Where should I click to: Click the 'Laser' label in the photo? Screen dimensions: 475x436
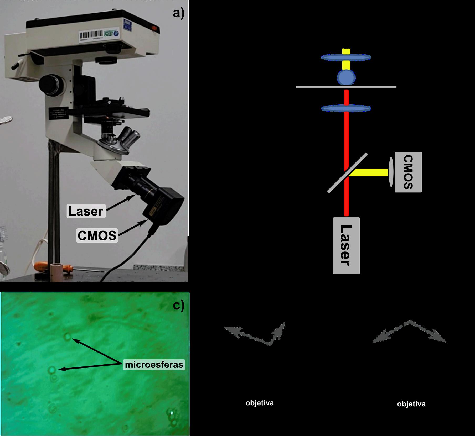(x=86, y=211)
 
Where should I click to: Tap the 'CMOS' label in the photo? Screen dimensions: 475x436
(x=97, y=235)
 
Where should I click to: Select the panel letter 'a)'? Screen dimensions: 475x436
(x=179, y=13)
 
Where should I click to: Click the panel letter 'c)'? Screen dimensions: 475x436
(x=179, y=306)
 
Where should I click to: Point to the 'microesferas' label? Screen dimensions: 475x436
(x=154, y=365)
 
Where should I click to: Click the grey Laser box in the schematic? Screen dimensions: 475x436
(x=346, y=245)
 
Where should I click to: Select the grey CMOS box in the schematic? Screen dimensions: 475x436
(x=408, y=172)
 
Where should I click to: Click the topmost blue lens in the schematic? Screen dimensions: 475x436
(x=346, y=57)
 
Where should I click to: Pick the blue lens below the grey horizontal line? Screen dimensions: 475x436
(x=346, y=108)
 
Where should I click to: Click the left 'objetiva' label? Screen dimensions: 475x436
(x=260, y=403)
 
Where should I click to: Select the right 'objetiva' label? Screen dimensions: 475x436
(x=411, y=404)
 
